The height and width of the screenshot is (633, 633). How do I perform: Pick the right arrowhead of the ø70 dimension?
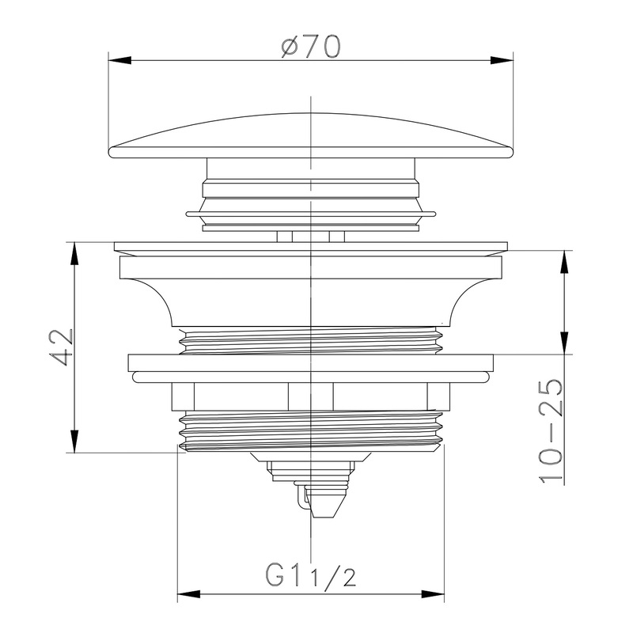[506, 59]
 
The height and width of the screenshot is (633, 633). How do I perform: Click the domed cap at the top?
[311, 135]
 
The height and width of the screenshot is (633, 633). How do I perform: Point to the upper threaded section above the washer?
[311, 341]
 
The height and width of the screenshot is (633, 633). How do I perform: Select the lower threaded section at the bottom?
[311, 431]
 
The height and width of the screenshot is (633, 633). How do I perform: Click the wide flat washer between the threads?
[311, 368]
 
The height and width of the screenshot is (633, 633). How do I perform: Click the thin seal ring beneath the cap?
[311, 212]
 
